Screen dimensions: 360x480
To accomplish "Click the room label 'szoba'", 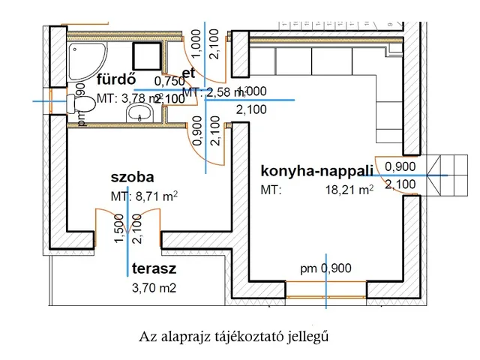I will pos(132,178).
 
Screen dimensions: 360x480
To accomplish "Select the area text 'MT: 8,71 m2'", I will pos(144,197).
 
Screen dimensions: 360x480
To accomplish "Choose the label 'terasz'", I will pos(154,269).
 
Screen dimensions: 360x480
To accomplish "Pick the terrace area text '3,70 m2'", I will pos(154,286).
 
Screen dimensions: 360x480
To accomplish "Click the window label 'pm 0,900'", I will pos(325,268).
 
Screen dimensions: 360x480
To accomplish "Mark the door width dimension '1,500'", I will pos(119,228).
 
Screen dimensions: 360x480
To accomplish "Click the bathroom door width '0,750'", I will pos(169,82).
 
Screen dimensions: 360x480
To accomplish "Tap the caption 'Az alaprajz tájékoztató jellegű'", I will pos(234,336).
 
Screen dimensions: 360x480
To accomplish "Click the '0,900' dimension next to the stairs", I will pos(400,166).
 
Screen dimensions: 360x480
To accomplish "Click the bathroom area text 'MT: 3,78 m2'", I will pos(128,98).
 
